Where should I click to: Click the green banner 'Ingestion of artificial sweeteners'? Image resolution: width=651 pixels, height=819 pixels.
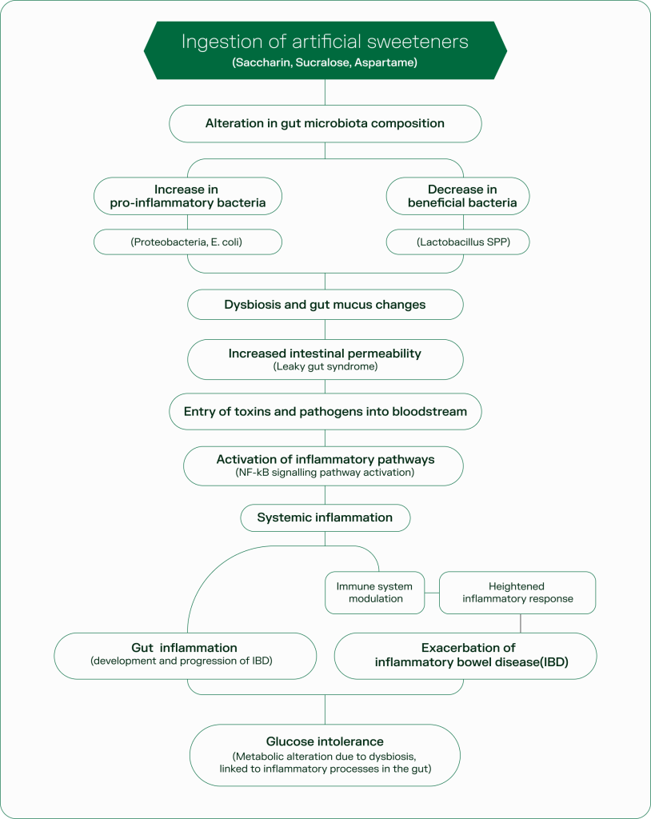click(x=325, y=43)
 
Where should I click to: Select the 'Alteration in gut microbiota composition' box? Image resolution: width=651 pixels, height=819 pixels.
click(x=325, y=123)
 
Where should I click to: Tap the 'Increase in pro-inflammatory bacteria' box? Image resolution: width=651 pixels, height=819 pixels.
click(x=187, y=196)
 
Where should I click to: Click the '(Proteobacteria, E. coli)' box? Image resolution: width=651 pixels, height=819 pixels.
click(x=187, y=242)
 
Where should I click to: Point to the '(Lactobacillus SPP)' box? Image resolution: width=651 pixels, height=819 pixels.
click(x=457, y=242)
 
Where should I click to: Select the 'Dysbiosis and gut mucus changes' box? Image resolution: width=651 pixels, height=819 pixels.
click(x=325, y=304)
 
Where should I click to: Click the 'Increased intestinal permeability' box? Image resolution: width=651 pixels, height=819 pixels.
click(x=325, y=354)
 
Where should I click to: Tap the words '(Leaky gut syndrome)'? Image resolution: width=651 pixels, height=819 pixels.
click(x=325, y=366)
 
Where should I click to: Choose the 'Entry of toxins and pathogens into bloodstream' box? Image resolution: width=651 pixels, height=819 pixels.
click(x=325, y=412)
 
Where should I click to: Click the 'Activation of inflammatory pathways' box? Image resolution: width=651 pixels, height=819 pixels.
click(x=325, y=460)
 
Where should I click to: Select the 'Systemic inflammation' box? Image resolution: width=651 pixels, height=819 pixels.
click(x=325, y=517)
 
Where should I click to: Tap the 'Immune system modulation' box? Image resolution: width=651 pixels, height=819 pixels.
click(x=375, y=593)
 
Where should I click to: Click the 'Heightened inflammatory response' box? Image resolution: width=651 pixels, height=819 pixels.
click(x=517, y=593)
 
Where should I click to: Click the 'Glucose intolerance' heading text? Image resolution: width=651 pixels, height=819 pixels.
click(x=325, y=742)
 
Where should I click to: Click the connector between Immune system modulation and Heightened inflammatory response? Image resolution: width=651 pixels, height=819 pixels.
click(x=432, y=593)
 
